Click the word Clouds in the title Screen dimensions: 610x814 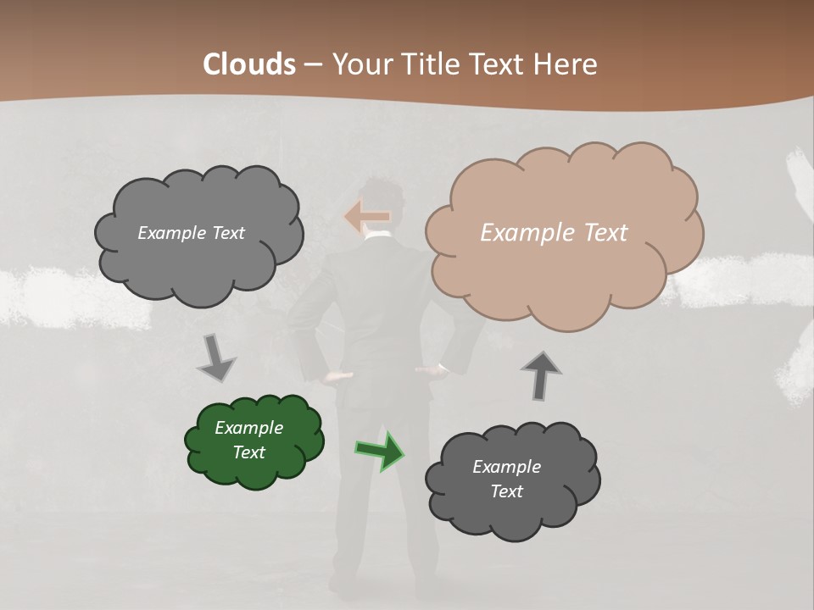(x=249, y=64)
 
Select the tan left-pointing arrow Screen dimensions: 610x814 (x=366, y=216)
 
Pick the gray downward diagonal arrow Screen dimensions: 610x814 (x=217, y=358)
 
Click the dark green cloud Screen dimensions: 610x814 (x=254, y=441)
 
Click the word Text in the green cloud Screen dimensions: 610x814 (x=249, y=452)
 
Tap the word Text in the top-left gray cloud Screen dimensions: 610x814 (x=226, y=233)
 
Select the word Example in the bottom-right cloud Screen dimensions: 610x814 (x=506, y=467)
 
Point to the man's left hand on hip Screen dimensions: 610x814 (x=338, y=374)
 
